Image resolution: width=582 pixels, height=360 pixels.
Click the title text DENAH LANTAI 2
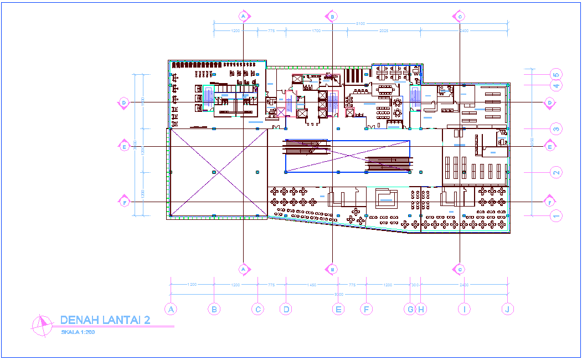pos(105,320)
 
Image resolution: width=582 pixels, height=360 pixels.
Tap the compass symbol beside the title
pos(40,325)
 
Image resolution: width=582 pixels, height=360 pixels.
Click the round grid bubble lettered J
pos(506,309)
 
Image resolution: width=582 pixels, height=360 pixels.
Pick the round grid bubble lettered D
pos(286,309)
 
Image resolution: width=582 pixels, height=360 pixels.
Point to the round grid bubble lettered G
pos(410,309)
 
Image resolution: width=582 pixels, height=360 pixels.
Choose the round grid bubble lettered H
pos(420,309)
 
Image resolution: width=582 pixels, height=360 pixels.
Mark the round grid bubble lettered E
pos(338,309)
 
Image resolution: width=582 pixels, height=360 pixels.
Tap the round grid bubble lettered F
pos(365,309)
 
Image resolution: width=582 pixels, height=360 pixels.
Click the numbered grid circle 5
pos(557,74)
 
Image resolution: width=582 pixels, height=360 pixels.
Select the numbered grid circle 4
pos(557,85)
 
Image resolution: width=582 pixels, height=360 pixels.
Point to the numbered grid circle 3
pos(557,128)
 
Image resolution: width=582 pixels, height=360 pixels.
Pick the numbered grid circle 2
pos(557,172)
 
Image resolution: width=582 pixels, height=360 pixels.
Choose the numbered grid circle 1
pos(557,215)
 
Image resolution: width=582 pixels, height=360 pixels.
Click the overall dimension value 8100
pos(360,23)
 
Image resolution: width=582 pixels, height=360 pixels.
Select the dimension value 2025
pos(384,31)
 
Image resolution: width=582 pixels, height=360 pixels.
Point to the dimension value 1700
pos(316,31)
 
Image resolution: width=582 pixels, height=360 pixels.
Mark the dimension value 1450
pos(311,285)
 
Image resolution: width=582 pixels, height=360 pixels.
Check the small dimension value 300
pos(415,285)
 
